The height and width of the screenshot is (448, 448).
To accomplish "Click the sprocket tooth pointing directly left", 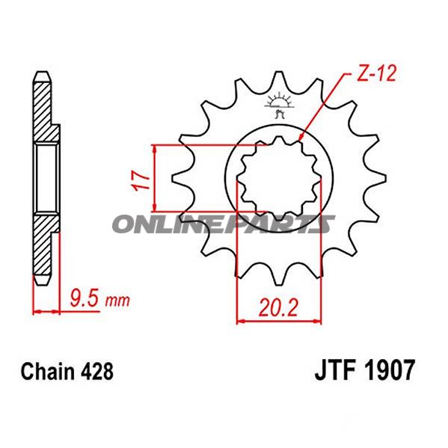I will click(x=179, y=179).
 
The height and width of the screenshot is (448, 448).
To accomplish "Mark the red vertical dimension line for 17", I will click(x=154, y=179).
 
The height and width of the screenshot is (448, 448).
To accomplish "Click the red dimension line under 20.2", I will click(x=279, y=322).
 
